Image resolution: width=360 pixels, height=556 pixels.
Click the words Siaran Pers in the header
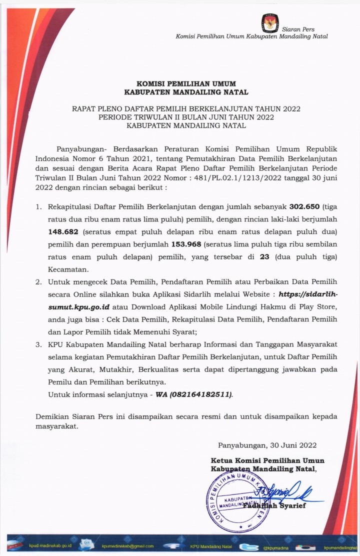click(x=298, y=29)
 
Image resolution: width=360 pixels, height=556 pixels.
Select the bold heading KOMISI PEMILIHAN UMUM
click(x=186, y=83)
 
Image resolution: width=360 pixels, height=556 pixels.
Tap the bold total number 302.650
click(x=306, y=205)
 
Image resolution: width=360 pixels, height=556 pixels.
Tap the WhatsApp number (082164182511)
click(x=201, y=394)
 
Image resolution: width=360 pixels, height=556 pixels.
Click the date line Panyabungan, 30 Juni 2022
click(x=267, y=445)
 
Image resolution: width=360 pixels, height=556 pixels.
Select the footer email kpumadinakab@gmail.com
click(x=127, y=546)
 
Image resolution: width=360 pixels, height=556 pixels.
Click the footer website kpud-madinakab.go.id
click(x=50, y=546)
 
